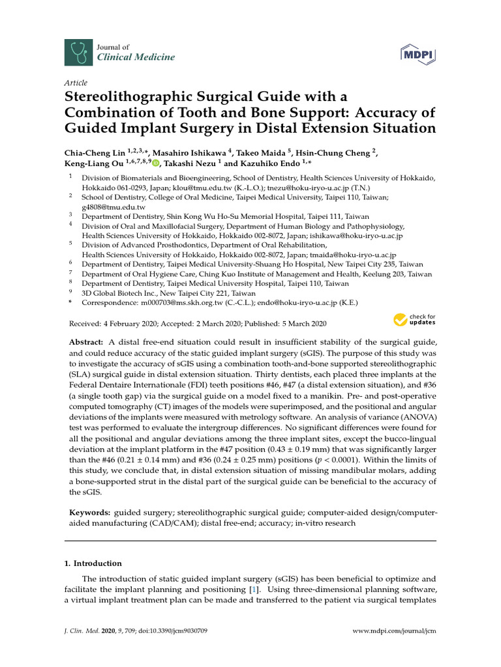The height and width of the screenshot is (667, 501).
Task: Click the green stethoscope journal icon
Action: tap(76, 51)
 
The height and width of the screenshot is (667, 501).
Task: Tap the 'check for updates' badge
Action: tap(414, 320)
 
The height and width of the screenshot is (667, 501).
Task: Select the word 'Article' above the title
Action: tap(76, 83)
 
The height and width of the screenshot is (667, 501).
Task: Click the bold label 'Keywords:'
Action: tap(89, 513)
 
